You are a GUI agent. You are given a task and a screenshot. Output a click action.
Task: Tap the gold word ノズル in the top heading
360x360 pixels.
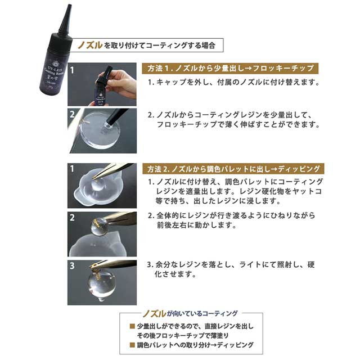click(x=90, y=45)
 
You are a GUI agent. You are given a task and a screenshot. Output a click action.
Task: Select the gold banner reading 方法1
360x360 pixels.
click(x=230, y=69)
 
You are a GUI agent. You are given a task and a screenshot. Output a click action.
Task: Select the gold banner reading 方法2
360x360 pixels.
click(x=233, y=169)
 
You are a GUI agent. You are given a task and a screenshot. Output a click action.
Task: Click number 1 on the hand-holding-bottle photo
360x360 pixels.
click(x=72, y=70)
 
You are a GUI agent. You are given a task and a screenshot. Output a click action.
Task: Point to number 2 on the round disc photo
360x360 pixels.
click(x=72, y=114)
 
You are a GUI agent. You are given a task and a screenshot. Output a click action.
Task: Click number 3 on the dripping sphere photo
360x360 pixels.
click(x=72, y=265)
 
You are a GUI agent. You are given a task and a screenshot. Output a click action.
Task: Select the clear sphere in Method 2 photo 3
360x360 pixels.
click(x=102, y=283)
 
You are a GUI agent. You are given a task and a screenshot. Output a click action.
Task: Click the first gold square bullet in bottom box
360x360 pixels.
click(x=132, y=326)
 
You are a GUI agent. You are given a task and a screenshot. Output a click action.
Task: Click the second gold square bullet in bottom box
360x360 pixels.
click(x=132, y=345)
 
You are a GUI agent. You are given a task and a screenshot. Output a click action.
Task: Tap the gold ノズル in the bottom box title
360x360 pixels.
click(x=154, y=314)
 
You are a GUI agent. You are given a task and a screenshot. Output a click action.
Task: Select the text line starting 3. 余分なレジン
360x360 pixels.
click(x=231, y=264)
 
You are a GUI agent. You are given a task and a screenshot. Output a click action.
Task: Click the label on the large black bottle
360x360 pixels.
click(x=54, y=76)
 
